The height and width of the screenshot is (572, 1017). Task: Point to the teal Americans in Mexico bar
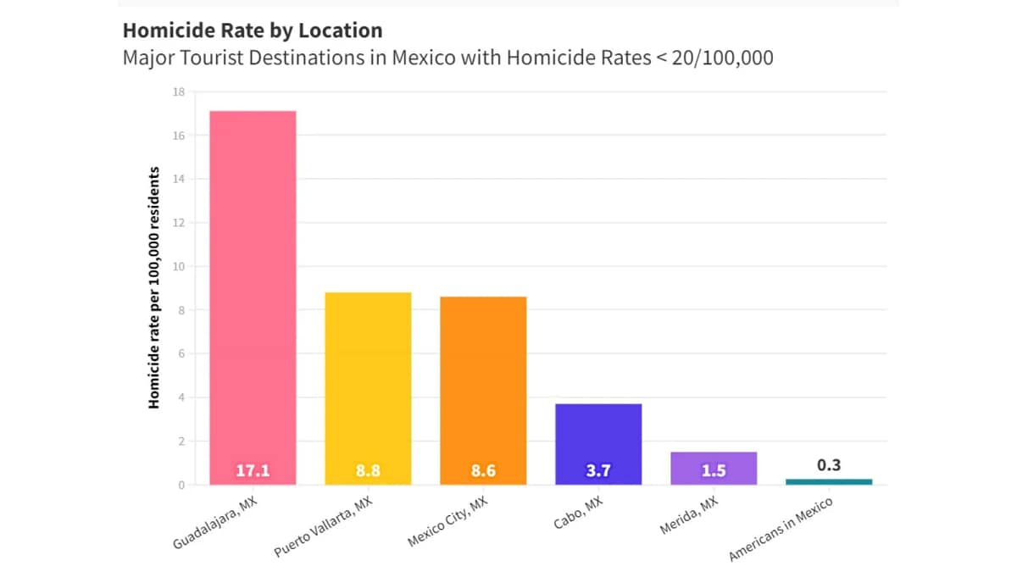(829, 481)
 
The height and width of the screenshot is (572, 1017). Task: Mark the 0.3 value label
(829, 465)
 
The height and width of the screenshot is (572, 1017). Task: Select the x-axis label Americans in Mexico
(781, 530)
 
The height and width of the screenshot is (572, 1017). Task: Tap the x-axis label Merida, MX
(688, 516)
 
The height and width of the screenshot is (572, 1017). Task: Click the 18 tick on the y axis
(180, 92)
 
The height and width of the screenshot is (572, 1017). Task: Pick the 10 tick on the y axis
(180, 267)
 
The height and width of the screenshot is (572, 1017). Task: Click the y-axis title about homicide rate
(154, 288)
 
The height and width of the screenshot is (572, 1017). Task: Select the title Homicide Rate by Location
(253, 31)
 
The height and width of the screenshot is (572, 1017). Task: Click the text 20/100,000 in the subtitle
(722, 58)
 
